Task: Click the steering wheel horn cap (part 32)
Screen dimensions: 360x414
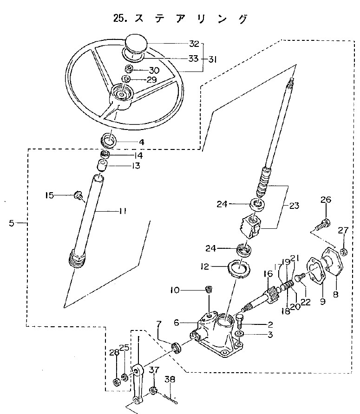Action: click(136, 45)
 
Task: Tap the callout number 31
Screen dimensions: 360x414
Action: click(212, 59)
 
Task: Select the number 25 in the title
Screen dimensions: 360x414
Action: click(118, 18)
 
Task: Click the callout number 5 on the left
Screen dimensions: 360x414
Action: click(12, 223)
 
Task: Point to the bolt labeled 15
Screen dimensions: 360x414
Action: click(79, 196)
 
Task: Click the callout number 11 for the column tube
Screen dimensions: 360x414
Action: click(122, 211)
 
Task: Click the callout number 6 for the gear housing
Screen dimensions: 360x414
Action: click(177, 323)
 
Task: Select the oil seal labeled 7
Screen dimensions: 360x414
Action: click(177, 347)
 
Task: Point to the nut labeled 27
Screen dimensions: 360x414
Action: click(343, 252)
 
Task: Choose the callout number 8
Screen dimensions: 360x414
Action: click(336, 294)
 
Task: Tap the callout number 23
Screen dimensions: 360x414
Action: click(294, 206)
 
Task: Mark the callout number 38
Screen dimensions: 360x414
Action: click(170, 379)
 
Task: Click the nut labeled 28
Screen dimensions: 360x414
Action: click(116, 382)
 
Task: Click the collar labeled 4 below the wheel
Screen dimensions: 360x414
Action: click(109, 141)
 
